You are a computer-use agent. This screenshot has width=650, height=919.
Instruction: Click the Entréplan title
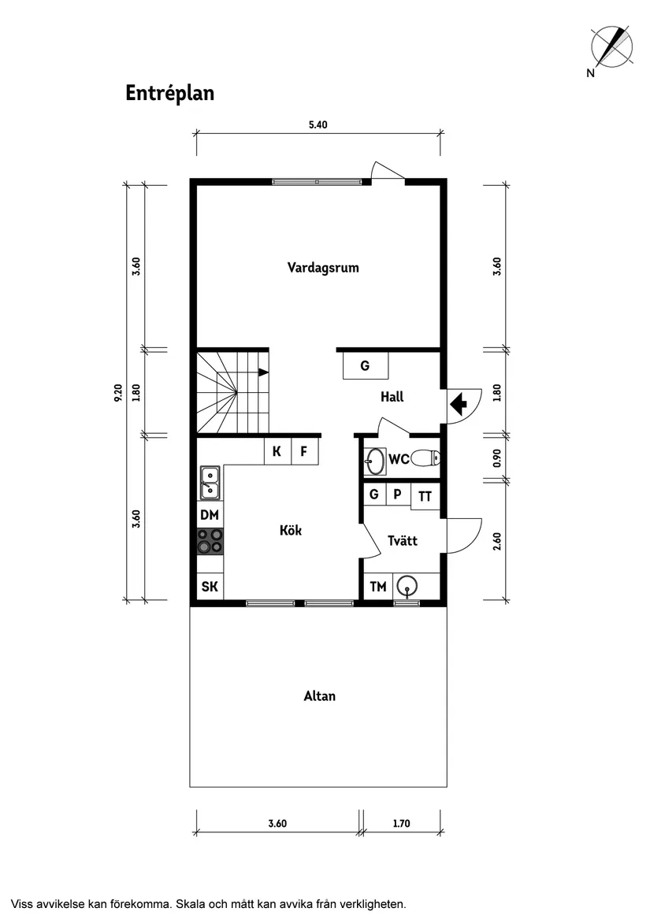tap(169, 93)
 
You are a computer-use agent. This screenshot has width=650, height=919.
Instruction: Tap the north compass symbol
tap(611, 47)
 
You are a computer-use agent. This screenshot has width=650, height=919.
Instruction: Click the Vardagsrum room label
tap(323, 268)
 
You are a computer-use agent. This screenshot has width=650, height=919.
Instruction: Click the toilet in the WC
tap(426, 458)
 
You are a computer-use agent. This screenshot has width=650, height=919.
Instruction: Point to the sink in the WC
tap(375, 461)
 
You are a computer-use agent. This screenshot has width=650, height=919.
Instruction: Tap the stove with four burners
tap(210, 541)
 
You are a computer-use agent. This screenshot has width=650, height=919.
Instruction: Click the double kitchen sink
tap(210, 482)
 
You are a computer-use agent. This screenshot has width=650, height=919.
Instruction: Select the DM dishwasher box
tap(210, 516)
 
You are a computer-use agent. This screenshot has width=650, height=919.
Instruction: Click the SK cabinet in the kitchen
tap(210, 587)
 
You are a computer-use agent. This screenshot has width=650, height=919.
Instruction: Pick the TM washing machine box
tap(378, 587)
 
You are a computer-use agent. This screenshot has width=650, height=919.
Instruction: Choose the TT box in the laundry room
tap(425, 496)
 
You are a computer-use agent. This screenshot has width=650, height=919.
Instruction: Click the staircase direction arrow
tap(263, 372)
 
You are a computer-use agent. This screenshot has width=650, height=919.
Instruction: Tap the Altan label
tap(319, 696)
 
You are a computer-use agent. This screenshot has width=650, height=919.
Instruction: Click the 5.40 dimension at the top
tap(318, 124)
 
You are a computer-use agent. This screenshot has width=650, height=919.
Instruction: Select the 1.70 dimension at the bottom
tap(401, 825)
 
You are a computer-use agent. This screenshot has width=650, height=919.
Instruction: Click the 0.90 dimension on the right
tap(496, 458)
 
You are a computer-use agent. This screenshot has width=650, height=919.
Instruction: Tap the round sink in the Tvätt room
tap(407, 586)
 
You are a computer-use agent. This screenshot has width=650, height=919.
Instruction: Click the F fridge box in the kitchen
tap(304, 452)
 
